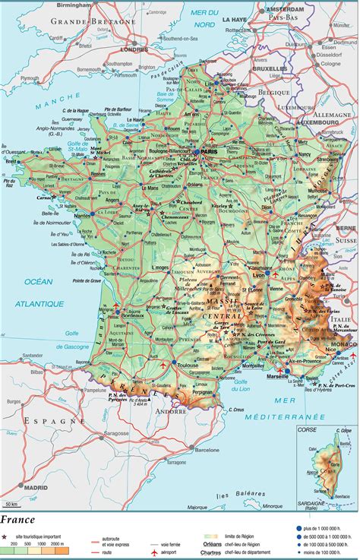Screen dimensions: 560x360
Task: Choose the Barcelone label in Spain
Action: pos(207,450)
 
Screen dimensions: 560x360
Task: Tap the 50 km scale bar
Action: pos(11,505)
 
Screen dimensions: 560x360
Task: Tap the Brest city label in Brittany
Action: pos(11,160)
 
